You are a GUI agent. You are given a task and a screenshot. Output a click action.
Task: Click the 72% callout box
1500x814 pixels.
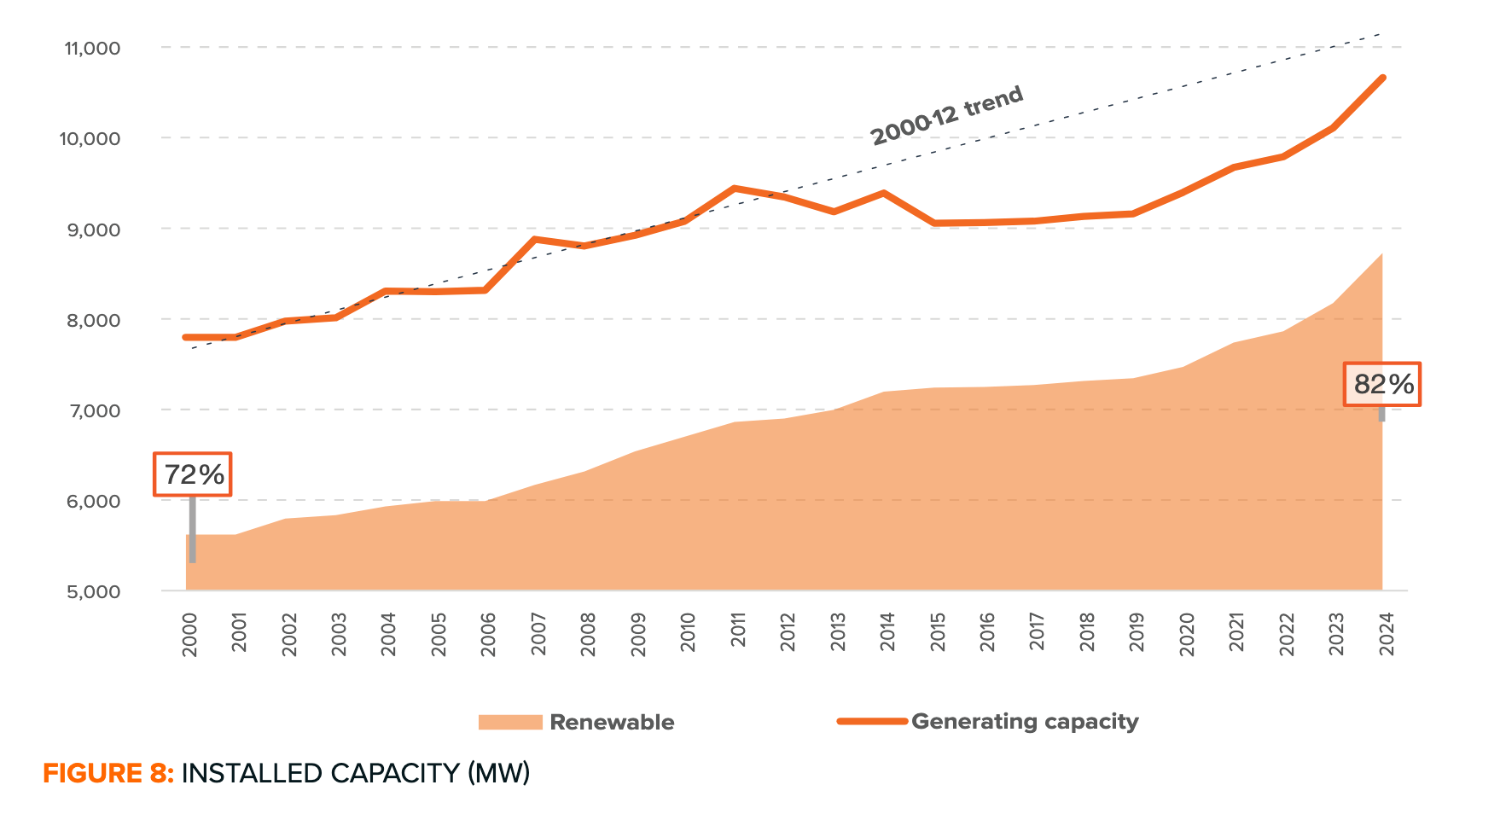[193, 474]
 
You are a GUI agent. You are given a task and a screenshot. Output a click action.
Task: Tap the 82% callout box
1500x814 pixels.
[1382, 384]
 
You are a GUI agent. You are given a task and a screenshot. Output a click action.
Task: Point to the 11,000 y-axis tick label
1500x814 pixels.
[92, 48]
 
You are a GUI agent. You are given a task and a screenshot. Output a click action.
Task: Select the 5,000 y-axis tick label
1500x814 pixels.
[92, 591]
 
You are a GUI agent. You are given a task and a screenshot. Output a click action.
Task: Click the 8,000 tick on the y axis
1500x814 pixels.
[92, 320]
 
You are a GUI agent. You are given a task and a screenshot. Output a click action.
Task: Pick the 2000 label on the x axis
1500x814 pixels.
[190, 635]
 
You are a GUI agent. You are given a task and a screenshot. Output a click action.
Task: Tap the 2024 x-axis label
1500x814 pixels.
[1387, 635]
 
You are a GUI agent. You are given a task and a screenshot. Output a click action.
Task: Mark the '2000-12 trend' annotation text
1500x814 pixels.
[947, 116]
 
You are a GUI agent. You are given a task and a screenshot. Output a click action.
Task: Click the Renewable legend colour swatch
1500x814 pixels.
[510, 722]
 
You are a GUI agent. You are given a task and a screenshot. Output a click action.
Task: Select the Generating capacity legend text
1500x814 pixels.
[1025, 722]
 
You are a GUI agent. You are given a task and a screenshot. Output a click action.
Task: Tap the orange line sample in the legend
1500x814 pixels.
[872, 721]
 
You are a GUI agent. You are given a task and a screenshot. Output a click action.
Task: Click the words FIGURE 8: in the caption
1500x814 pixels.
[108, 773]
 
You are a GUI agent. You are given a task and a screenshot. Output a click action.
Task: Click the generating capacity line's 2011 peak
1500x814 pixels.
[735, 188]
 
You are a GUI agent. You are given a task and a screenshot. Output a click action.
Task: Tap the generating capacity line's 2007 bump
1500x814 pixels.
[535, 239]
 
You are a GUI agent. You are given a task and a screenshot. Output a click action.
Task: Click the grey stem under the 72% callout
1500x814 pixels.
[193, 529]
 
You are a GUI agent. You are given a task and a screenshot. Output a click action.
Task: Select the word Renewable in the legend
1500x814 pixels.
[612, 722]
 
